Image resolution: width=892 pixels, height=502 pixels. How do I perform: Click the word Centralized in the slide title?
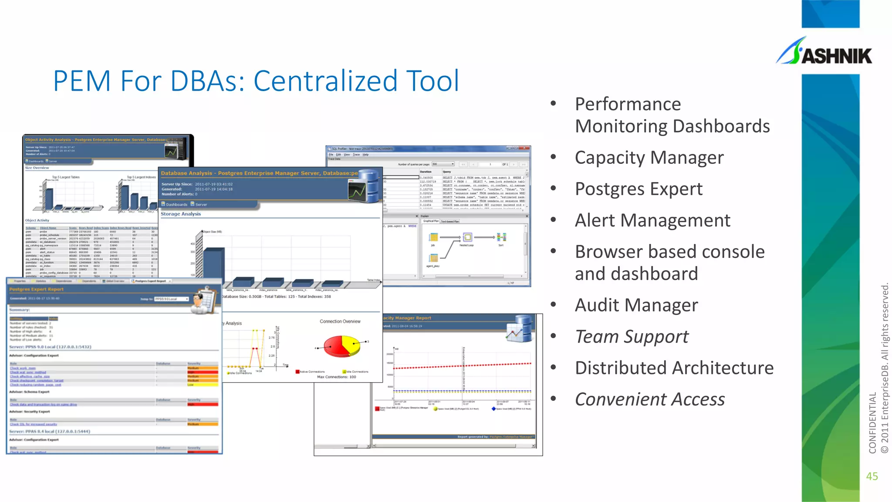point(325,81)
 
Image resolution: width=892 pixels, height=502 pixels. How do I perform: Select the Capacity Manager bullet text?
point(649,158)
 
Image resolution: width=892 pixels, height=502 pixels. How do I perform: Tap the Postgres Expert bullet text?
point(639,189)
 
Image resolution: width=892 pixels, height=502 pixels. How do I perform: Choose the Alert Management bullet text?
point(652,220)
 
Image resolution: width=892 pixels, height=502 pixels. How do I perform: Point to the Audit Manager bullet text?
point(636,305)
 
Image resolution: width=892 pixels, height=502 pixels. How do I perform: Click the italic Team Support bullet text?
point(632,337)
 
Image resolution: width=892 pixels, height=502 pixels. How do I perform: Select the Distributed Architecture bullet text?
point(674,368)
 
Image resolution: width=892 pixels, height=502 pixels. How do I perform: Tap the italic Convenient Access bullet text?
point(649,400)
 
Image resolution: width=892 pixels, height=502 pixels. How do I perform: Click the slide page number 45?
point(872,476)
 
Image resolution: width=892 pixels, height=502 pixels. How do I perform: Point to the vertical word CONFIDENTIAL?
point(872,423)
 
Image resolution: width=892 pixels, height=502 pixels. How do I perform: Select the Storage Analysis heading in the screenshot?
point(181,214)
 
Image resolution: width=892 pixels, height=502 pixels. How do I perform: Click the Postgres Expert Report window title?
point(37,289)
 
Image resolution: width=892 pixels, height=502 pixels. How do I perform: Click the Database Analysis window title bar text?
point(259,173)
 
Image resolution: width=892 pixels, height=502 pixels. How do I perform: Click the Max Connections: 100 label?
point(336,377)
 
